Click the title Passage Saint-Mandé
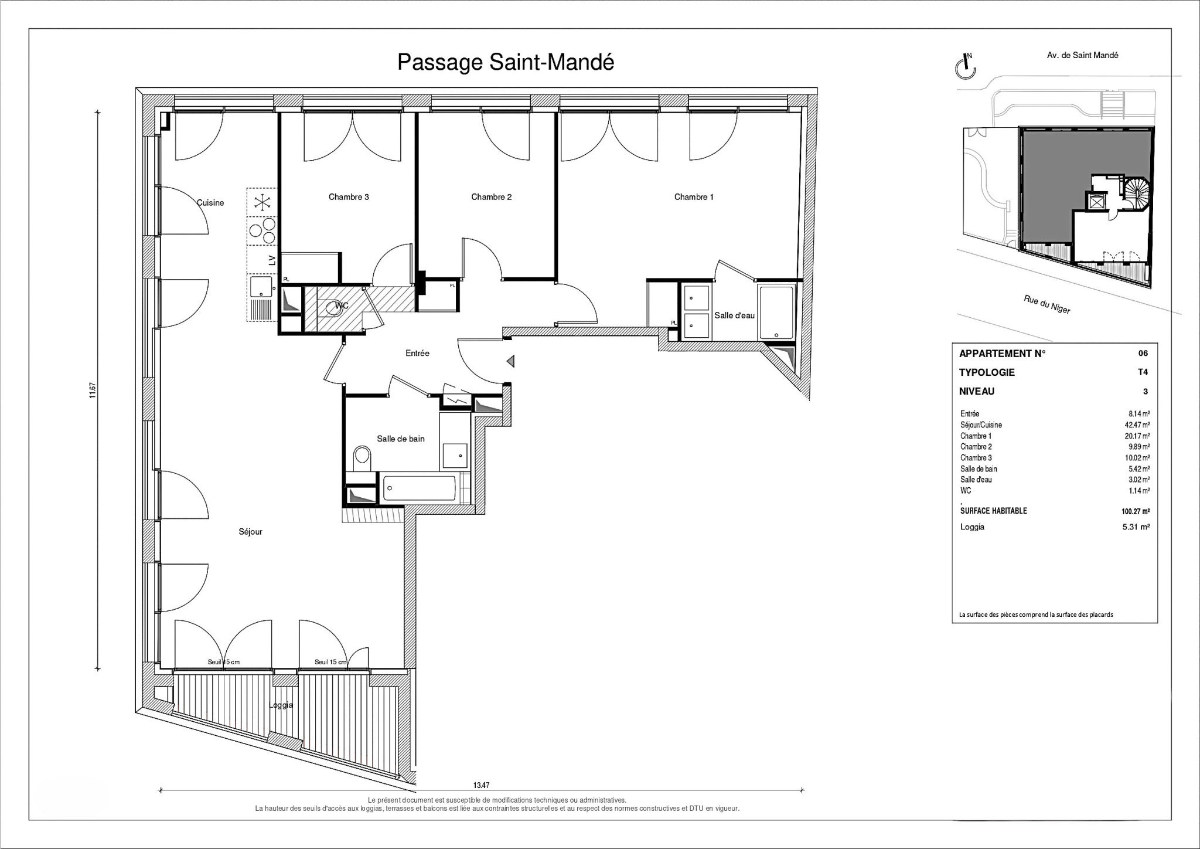pyautogui.click(x=506, y=62)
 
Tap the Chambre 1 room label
pyautogui.click(x=694, y=197)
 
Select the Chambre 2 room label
pyautogui.click(x=491, y=197)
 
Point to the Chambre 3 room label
pyautogui.click(x=349, y=197)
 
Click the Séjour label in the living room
pyautogui.click(x=250, y=532)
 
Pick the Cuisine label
pyautogui.click(x=210, y=203)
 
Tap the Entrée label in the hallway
pyautogui.click(x=417, y=353)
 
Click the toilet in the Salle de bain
pyautogui.click(x=362, y=459)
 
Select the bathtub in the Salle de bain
pyautogui.click(x=419, y=488)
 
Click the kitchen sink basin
pyautogui.click(x=262, y=288)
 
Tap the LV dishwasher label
pyautogui.click(x=271, y=260)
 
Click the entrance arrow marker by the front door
pyautogui.click(x=510, y=361)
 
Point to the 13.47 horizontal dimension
pyautogui.click(x=481, y=785)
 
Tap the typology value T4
pyautogui.click(x=1143, y=372)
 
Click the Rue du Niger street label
pyautogui.click(x=1047, y=304)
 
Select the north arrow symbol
pyautogui.click(x=966, y=66)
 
